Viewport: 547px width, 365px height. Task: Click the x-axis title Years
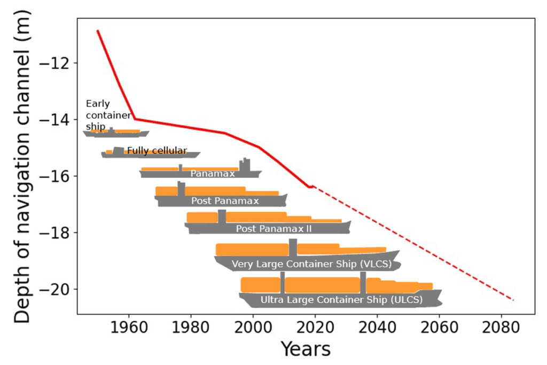coord(306,349)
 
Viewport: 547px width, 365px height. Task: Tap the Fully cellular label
coord(157,151)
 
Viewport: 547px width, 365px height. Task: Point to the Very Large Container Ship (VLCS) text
coord(311,264)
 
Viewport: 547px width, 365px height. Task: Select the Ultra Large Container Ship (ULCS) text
coord(341,300)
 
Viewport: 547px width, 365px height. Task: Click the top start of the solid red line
coord(97,30)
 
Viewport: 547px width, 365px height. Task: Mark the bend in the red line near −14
coord(134,119)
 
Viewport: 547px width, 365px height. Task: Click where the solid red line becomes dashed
coord(311,186)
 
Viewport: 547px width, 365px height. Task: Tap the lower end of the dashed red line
coord(513,300)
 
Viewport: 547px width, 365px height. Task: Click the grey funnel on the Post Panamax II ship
coord(222,216)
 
